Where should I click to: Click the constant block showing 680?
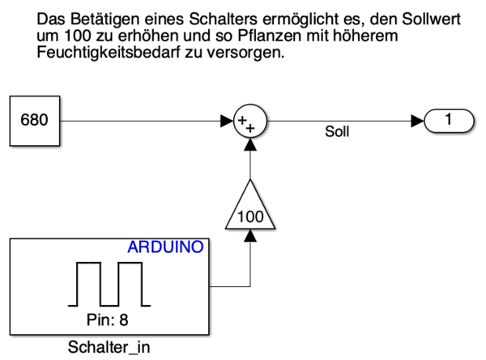tap(35, 121)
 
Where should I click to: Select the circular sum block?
tap(250, 121)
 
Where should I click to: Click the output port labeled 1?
tap(449, 121)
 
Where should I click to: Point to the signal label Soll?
tap(337, 131)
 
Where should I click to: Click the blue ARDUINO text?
tap(165, 247)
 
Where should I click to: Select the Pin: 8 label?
tap(107, 319)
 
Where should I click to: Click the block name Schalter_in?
tap(109, 347)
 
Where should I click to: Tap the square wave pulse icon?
tap(109, 285)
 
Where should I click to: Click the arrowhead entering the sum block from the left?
tap(227, 121)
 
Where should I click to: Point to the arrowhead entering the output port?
tap(417, 121)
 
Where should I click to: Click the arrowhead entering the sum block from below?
tap(250, 144)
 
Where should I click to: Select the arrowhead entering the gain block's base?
tap(250, 236)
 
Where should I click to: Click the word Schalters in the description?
tap(223, 19)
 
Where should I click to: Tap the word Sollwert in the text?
tap(431, 19)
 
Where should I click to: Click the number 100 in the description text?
tap(78, 36)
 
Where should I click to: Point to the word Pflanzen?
tap(270, 36)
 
